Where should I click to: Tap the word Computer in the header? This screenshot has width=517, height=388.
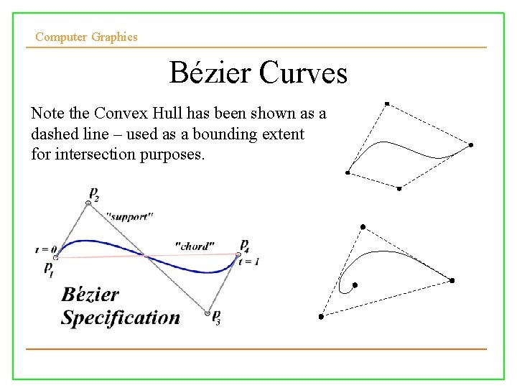coord(61,37)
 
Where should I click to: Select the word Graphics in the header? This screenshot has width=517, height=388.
coord(115,37)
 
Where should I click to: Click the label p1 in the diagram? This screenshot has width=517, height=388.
coord(49,269)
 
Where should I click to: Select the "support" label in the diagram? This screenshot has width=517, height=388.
coord(129,216)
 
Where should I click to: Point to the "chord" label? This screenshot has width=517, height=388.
coord(195,246)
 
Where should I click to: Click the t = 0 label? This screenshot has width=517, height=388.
coord(45,250)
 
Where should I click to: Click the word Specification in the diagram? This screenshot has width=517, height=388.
coord(121,318)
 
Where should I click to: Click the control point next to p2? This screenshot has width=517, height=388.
coord(88,203)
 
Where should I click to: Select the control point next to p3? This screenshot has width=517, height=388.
coord(208,313)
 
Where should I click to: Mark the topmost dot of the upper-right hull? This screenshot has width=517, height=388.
coord(386,104)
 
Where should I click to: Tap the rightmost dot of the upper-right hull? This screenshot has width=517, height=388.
coord(471,145)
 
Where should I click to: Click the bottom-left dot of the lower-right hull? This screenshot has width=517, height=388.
coord(321,316)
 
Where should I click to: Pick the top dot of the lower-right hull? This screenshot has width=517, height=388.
coord(363,227)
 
